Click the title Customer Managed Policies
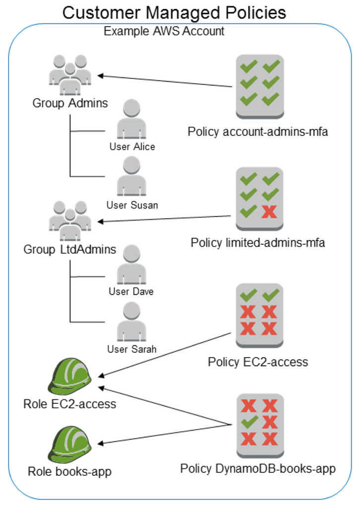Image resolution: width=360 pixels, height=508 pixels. tap(175, 12)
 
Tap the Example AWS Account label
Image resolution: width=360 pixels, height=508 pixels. tap(164, 31)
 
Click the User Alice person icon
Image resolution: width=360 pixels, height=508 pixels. tap(131, 119)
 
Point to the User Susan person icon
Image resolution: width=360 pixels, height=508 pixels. tap(131, 177)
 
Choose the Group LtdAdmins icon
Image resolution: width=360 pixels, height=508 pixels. tap(70, 219)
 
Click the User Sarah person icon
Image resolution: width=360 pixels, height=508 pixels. tap(131, 321)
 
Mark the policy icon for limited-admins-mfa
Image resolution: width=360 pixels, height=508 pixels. tap(259, 198)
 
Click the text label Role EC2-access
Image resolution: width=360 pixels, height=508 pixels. tap(70, 404)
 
